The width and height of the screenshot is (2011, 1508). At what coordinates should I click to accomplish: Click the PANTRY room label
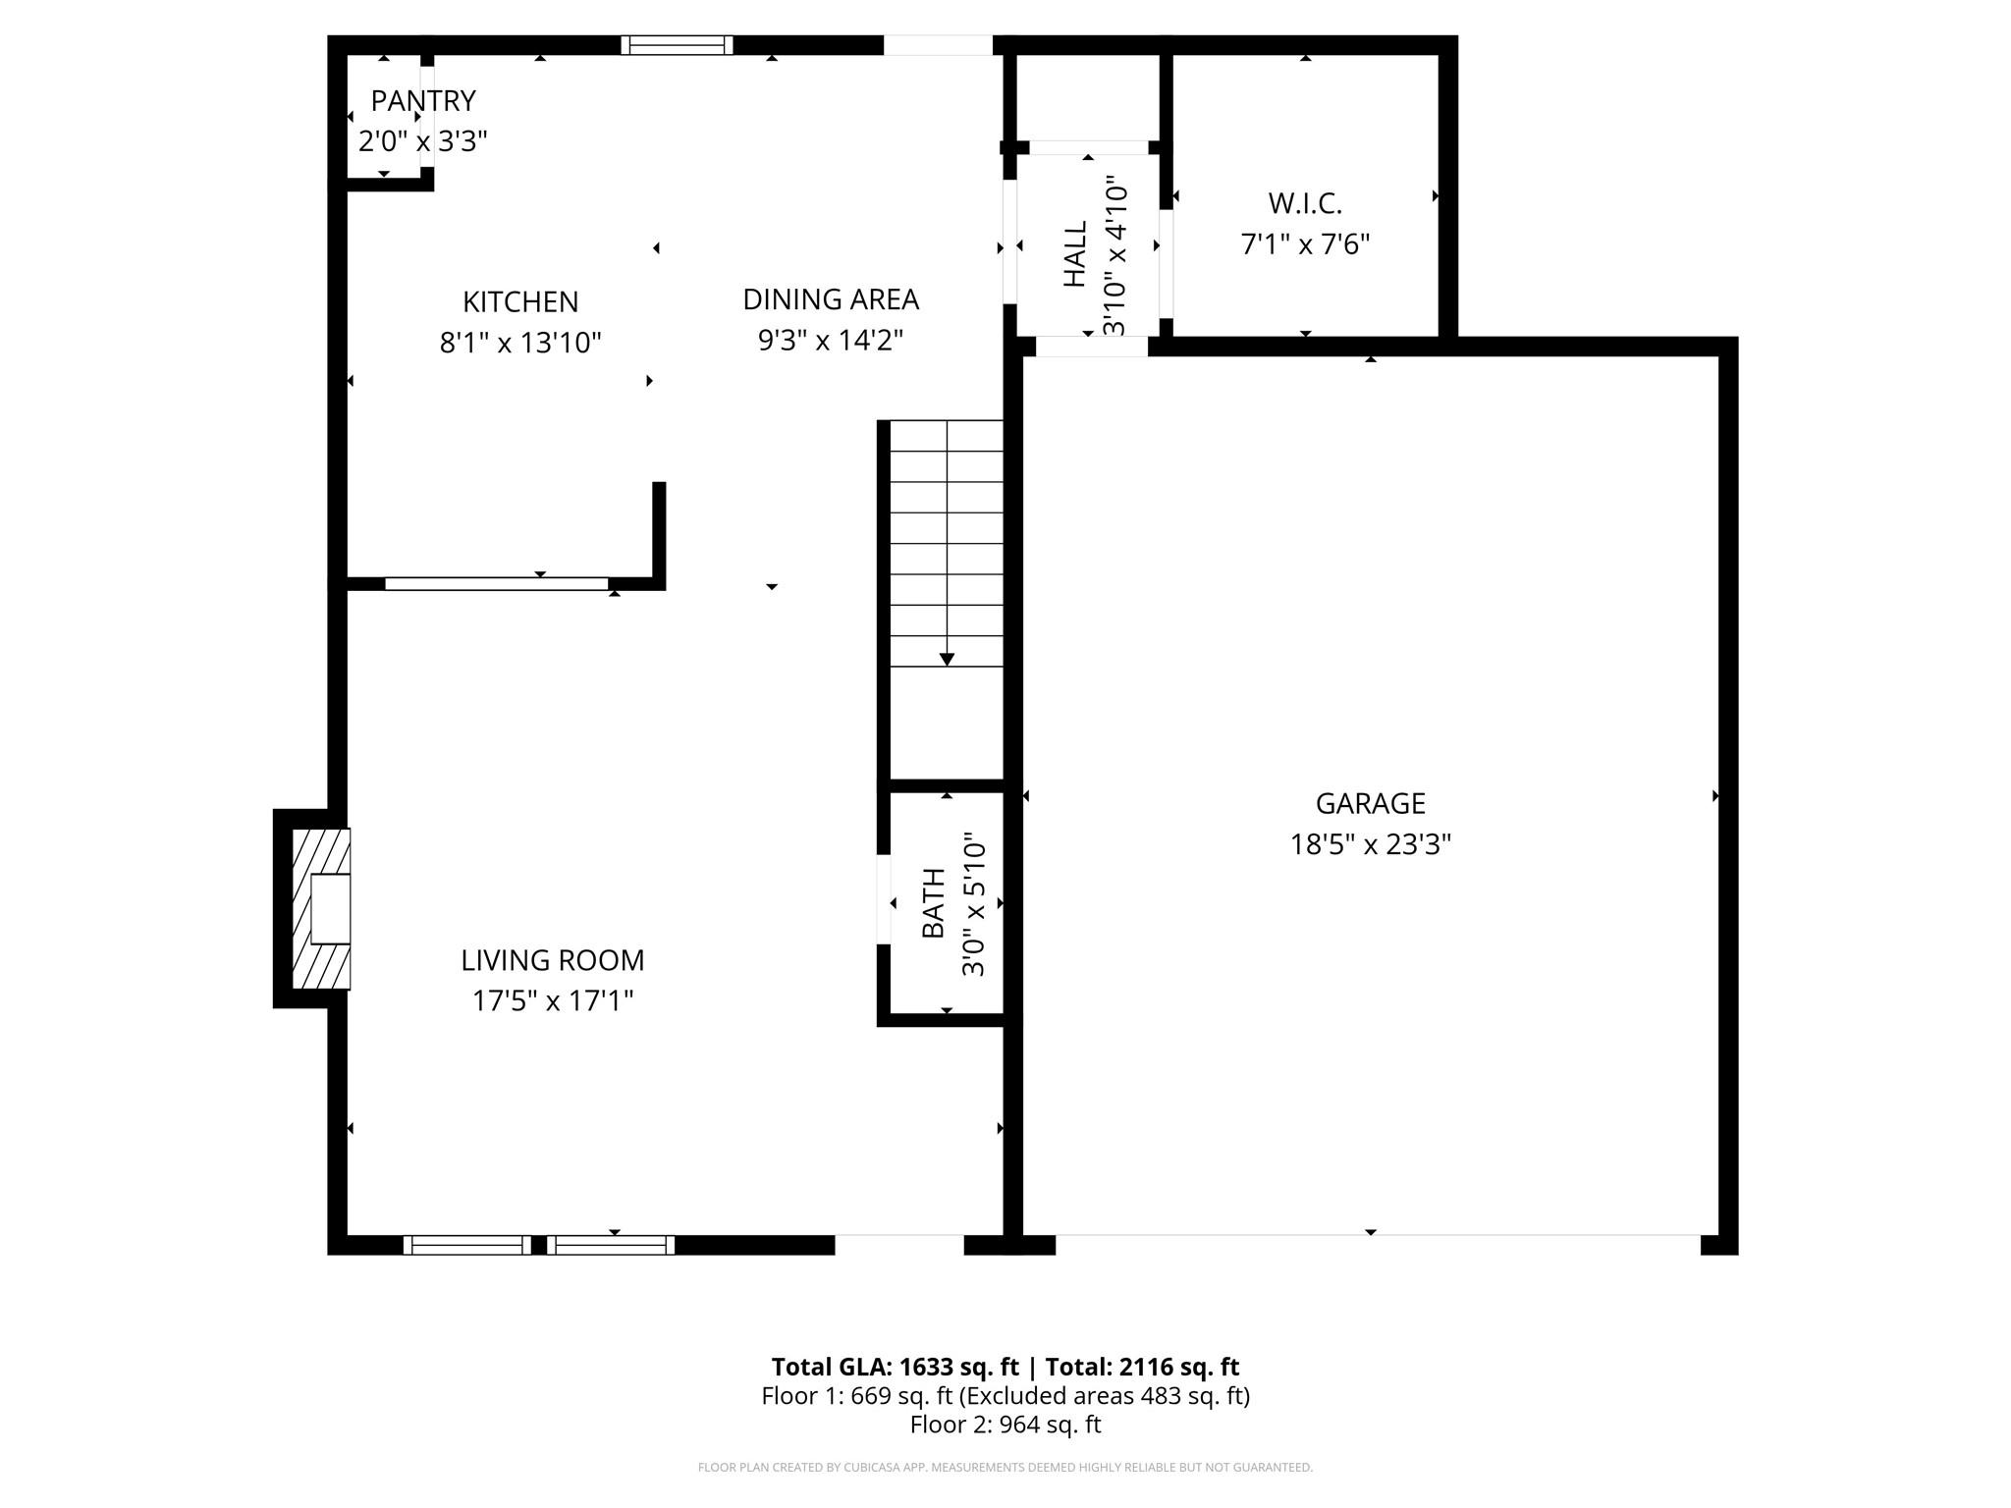(x=423, y=101)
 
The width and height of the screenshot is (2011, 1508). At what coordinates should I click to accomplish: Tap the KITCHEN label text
(x=520, y=301)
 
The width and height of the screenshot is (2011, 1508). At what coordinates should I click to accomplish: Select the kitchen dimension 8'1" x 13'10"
(x=520, y=343)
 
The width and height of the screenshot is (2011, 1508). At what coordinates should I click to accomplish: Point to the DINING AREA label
(x=831, y=299)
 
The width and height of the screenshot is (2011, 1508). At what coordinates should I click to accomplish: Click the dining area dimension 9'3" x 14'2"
(x=831, y=341)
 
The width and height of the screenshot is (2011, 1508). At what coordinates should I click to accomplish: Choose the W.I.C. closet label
(x=1305, y=203)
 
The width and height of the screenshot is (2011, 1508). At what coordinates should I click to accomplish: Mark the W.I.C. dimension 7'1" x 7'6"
(x=1305, y=244)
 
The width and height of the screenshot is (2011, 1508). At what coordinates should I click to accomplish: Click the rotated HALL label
(x=1076, y=253)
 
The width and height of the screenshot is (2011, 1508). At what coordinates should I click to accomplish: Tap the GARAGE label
(x=1371, y=803)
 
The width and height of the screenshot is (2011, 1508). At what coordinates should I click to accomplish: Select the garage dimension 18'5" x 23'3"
(x=1371, y=844)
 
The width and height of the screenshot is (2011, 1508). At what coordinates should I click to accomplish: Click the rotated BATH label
(x=933, y=903)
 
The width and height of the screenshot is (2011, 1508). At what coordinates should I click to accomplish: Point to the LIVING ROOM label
(x=553, y=960)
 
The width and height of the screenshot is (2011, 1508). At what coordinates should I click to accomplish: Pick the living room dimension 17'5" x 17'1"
(x=553, y=1001)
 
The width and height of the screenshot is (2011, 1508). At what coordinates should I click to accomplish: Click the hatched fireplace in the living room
(x=321, y=909)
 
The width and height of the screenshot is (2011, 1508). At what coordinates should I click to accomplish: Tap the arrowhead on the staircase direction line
(x=947, y=660)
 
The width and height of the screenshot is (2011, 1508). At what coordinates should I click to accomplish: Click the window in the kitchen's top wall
(x=677, y=45)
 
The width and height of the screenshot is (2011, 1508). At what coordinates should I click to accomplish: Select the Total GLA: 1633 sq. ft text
(x=896, y=1367)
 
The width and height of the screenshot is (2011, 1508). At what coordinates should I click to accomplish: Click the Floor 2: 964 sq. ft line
(x=1005, y=1425)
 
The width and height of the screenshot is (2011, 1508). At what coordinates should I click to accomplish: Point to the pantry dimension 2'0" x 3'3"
(x=423, y=142)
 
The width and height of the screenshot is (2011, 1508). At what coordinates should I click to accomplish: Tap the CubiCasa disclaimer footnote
(x=1005, y=1468)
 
